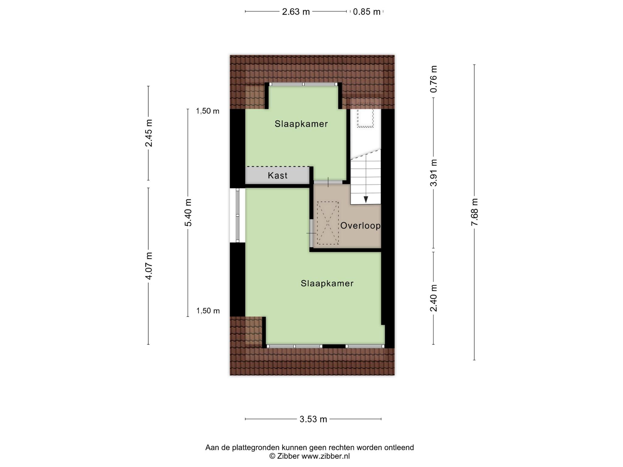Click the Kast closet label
point(277,175)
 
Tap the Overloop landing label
point(360,226)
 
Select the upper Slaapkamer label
point(301,124)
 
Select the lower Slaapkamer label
point(327,283)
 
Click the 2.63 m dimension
point(296,12)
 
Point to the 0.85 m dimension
point(367,12)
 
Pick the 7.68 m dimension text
point(474,212)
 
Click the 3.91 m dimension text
point(433,172)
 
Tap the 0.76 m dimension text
point(433,79)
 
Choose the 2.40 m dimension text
point(433,298)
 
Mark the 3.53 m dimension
point(313,419)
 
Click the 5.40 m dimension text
point(188,213)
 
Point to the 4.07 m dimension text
point(148,266)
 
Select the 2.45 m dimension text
point(148,133)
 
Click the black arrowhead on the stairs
point(366,199)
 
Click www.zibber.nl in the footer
point(325,456)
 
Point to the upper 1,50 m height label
point(207,111)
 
